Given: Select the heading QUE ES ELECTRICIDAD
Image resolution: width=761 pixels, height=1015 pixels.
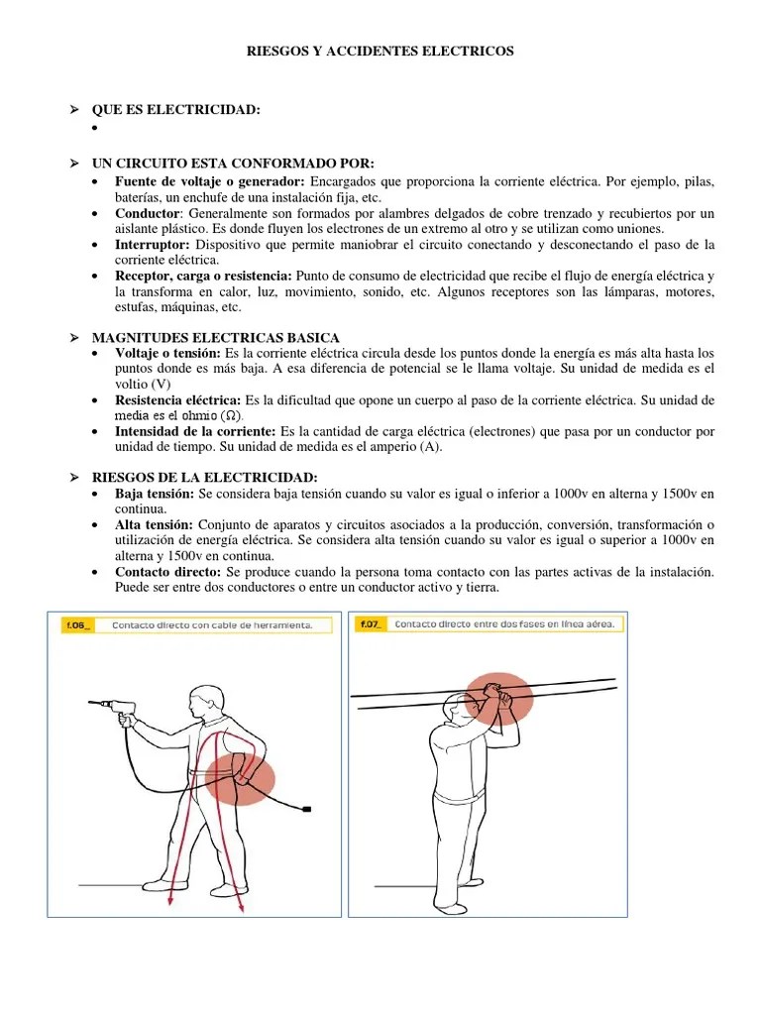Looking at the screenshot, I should [175, 110].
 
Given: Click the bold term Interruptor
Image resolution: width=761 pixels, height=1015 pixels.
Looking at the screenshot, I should [152, 244].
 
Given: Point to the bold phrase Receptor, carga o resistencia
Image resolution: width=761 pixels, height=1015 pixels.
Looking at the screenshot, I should [203, 275].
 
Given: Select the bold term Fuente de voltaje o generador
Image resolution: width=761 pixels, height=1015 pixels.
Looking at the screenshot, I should [209, 183].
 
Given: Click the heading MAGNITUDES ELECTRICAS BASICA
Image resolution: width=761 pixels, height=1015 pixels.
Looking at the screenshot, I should [215, 338].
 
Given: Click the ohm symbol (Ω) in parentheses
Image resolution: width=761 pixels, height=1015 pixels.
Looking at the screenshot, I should [229, 415].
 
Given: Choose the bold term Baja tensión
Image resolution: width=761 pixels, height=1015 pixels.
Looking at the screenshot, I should [156, 493].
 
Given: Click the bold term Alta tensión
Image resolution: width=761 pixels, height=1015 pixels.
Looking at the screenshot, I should [154, 523].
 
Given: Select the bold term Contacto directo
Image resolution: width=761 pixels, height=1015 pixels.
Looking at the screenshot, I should [167, 572].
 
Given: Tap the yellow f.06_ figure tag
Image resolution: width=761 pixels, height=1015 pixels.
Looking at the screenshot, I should [77, 625].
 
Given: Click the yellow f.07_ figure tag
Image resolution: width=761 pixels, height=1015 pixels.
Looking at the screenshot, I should [371, 624].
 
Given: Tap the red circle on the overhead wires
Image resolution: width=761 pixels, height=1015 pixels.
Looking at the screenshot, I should [499, 700].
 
